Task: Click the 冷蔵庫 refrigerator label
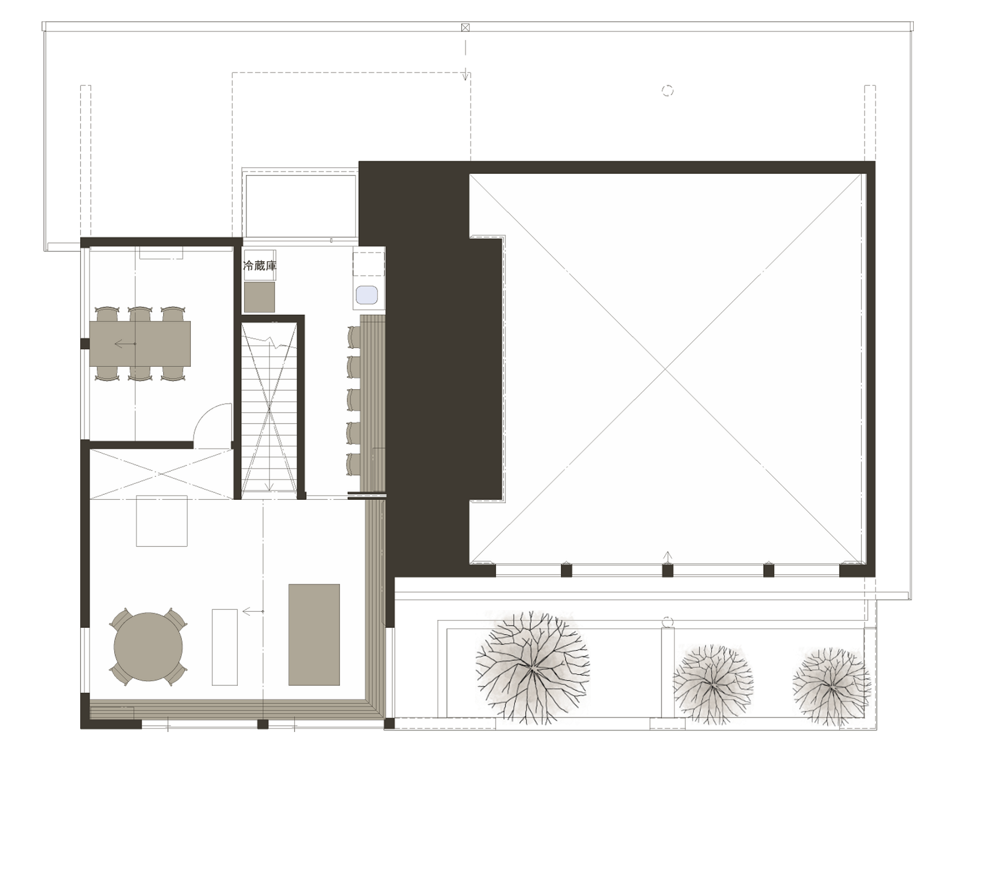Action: (x=259, y=266)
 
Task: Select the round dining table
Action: (x=148, y=647)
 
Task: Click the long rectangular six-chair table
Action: (x=140, y=343)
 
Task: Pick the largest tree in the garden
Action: (x=532, y=668)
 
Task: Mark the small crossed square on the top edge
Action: (x=465, y=27)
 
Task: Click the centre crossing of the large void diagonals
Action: (x=666, y=369)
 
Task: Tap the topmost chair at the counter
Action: (x=354, y=337)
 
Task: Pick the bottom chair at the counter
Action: (x=354, y=464)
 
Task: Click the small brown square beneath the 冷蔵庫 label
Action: (x=259, y=297)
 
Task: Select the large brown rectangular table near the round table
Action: (x=314, y=635)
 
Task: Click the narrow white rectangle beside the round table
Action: (x=225, y=647)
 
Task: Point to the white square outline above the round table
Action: (x=162, y=521)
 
